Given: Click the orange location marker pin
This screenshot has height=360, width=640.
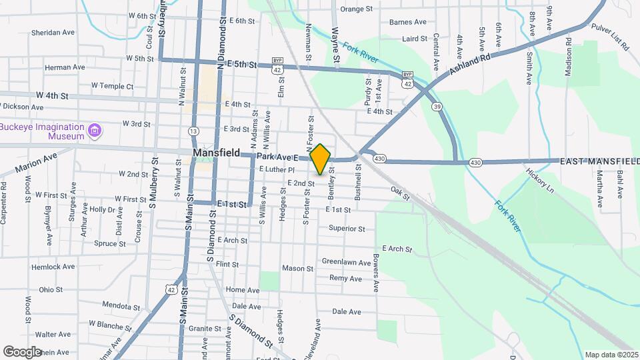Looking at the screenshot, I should point(320,159).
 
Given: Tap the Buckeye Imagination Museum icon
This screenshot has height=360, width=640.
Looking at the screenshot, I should point(95,129).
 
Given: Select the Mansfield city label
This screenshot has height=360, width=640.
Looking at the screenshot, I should point(216,153).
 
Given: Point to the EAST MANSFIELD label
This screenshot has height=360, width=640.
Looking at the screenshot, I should point(599,161).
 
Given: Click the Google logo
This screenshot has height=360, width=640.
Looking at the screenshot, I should point(22,351).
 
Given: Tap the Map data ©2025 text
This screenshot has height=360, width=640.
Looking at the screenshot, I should point(611,355).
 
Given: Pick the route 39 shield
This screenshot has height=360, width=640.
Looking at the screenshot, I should point(437,107).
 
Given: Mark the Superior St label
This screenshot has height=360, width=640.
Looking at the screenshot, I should point(347,229).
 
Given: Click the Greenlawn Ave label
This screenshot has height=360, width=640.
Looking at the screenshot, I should point(346,262).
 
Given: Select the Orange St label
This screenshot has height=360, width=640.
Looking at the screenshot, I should point(356,9).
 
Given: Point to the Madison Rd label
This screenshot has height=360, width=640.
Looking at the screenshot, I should point(569,57).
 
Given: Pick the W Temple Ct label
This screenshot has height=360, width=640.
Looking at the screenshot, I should point(112,86).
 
